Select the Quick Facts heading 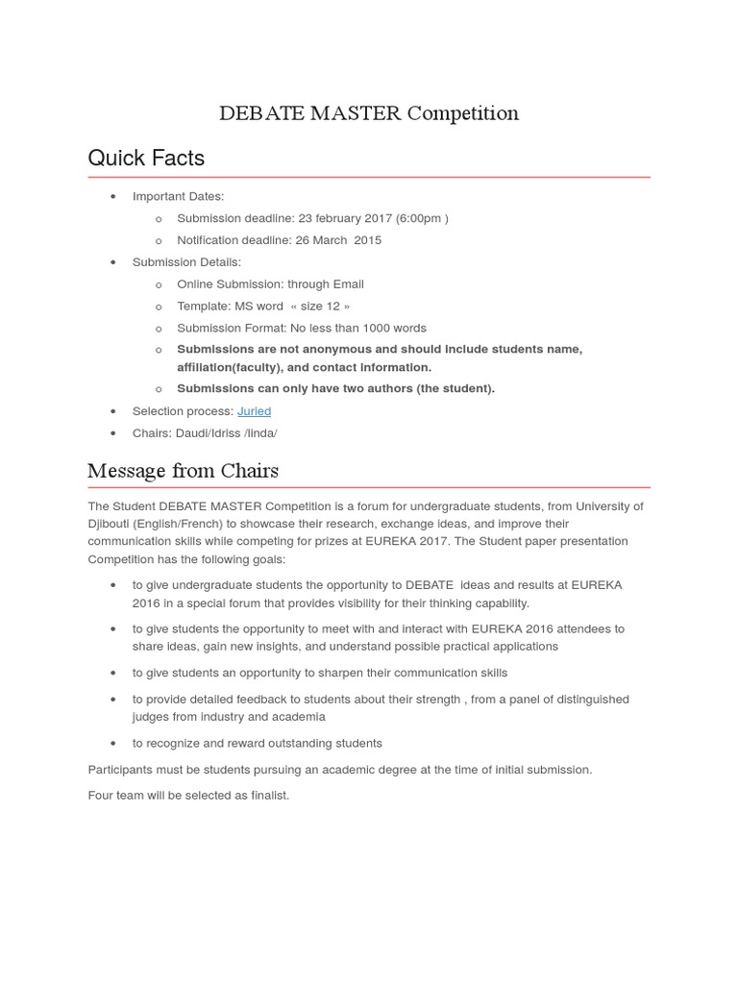tap(146, 158)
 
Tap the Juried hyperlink tap(254, 411)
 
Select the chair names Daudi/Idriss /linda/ tap(226, 433)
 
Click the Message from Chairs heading tap(183, 471)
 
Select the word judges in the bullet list tap(153, 717)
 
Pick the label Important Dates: tap(178, 196)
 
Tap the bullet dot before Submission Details tap(113, 262)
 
